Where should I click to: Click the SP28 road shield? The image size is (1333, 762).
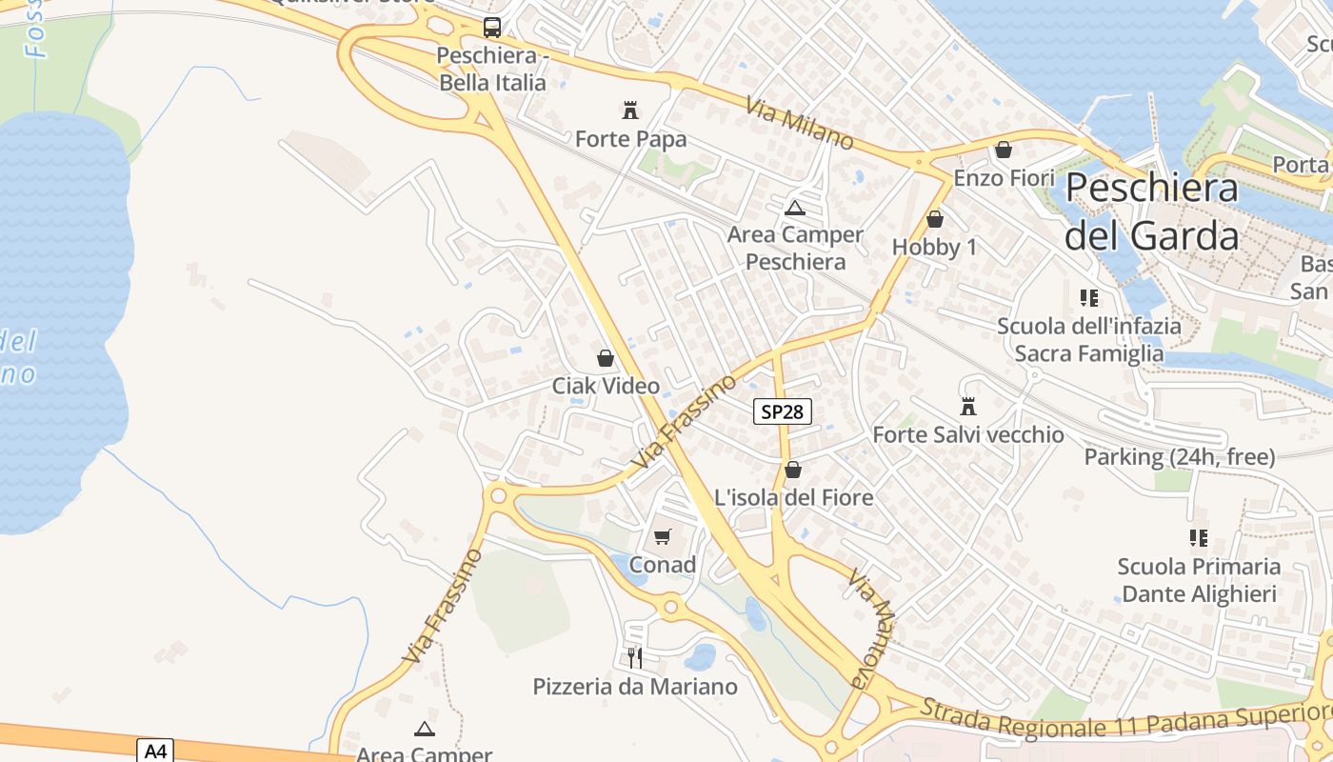point(783,411)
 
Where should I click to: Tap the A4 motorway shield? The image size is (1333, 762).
point(155,750)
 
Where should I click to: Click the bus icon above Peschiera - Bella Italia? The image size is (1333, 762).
point(491,28)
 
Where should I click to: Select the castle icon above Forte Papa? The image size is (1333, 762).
point(629,110)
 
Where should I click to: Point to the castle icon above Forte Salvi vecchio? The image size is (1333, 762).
point(968,407)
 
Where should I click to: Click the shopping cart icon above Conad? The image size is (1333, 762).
point(663,536)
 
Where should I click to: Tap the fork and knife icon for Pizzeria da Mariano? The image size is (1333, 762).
point(635,657)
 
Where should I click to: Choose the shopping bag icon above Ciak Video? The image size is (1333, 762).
point(606,358)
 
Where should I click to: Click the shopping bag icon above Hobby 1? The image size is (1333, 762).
point(935,219)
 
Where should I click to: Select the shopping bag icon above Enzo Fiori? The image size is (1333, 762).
point(1004,150)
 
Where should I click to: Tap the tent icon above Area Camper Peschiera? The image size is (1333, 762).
point(794,208)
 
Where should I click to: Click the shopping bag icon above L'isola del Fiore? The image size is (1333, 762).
point(793,470)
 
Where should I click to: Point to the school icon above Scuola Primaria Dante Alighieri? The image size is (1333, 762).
point(1199,538)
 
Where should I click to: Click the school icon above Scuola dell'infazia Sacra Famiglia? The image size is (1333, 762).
point(1089,298)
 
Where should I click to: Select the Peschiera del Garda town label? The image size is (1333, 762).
point(1151,211)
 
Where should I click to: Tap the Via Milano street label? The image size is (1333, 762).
point(800,123)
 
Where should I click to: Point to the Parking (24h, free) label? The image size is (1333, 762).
point(1180,457)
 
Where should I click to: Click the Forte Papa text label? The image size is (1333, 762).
point(630,139)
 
